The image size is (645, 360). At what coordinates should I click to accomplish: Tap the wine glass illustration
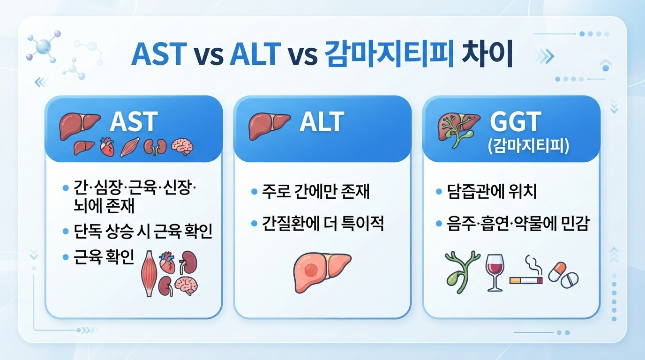click(x=495, y=272)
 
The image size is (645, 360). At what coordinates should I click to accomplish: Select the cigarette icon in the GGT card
click(x=526, y=271)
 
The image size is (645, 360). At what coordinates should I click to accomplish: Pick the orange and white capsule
click(x=557, y=271)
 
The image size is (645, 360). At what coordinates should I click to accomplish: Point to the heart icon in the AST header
click(x=107, y=147)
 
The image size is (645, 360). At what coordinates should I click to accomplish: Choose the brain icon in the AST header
click(x=182, y=147)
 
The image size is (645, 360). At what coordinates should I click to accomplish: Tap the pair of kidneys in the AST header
click(x=155, y=147)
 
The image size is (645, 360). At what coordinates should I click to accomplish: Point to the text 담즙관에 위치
click(x=492, y=192)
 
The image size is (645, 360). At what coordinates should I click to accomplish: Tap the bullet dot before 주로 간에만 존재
click(x=254, y=192)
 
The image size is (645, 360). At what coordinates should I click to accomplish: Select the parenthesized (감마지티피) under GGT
click(x=529, y=146)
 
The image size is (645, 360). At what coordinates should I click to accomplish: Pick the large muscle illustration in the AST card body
click(x=149, y=274)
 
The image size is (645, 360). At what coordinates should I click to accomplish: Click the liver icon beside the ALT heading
click(x=269, y=126)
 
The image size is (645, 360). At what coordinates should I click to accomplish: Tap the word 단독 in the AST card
click(x=88, y=231)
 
